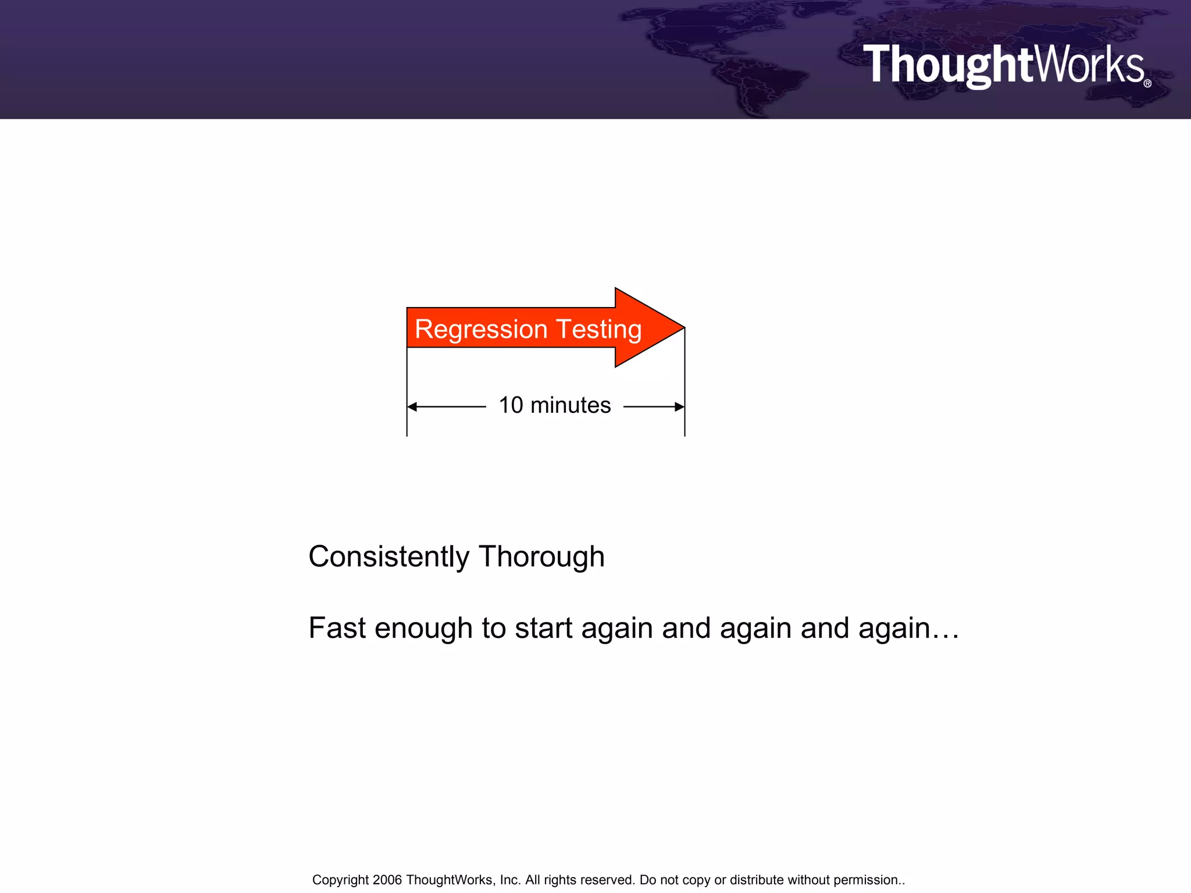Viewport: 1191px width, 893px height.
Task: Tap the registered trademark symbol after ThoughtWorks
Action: [x=1147, y=84]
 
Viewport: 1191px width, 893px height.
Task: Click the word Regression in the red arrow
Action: [x=481, y=330]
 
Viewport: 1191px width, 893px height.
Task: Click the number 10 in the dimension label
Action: [x=511, y=405]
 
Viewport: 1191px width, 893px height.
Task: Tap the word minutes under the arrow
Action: [x=570, y=405]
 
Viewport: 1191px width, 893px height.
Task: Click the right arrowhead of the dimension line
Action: [x=679, y=406]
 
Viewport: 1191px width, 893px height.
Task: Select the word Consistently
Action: [x=388, y=557]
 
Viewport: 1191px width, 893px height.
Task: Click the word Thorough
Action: [x=541, y=557]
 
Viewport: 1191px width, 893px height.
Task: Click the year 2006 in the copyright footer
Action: [x=387, y=880]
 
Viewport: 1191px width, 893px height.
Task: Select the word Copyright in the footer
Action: [x=340, y=880]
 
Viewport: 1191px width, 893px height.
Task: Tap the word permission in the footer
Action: [x=866, y=880]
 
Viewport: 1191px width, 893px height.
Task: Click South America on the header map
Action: [x=756, y=87]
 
